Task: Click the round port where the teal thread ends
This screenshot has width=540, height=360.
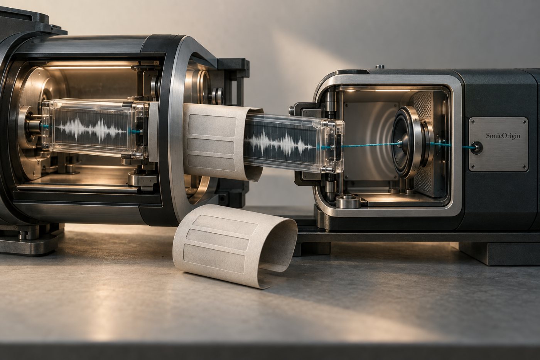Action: (x=477, y=147)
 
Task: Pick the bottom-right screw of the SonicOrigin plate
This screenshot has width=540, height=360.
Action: (x=524, y=166)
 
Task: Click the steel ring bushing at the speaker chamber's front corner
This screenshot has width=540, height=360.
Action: (x=348, y=201)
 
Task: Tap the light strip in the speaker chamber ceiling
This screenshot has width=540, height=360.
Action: (x=392, y=91)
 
